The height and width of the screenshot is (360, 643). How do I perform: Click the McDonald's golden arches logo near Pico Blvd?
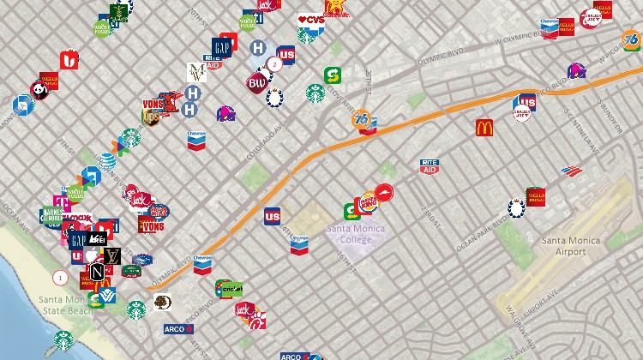(485, 128)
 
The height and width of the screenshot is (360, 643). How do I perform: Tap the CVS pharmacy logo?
(311, 19)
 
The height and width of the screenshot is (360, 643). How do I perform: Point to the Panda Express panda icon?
(39, 89)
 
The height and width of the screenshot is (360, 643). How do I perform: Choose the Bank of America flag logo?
(571, 171)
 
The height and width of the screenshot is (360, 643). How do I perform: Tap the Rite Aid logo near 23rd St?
(430, 166)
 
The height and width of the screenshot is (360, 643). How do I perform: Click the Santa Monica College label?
(355, 234)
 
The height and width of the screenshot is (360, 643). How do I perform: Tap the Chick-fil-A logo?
(256, 321)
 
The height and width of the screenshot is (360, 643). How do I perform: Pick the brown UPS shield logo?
(153, 117)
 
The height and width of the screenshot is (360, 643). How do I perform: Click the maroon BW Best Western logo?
(257, 83)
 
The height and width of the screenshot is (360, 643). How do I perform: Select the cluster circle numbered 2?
(274, 63)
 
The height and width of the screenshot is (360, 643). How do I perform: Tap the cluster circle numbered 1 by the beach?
(60, 277)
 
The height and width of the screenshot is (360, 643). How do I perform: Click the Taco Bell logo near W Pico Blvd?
(576, 71)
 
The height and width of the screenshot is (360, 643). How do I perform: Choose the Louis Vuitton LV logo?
(112, 255)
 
